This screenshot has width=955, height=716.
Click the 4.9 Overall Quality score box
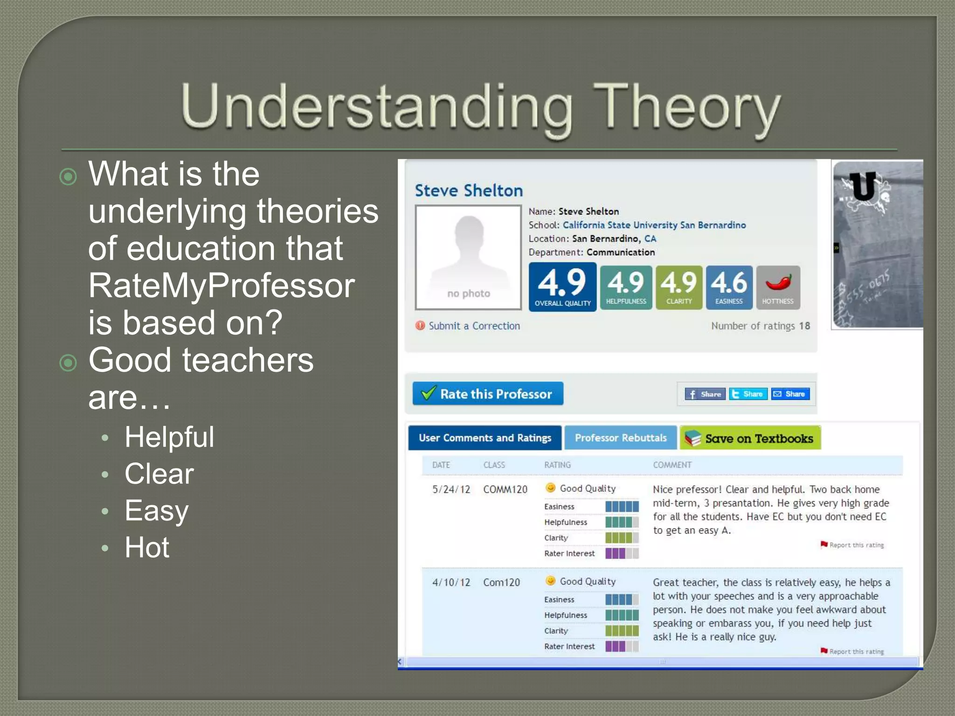pyautogui.click(x=562, y=287)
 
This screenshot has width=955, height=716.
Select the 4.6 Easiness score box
pyautogui.click(x=729, y=287)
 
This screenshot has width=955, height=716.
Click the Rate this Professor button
pyautogui.click(x=488, y=394)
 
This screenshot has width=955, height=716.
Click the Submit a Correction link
pyautogui.click(x=474, y=326)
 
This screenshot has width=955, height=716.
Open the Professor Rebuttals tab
pyautogui.click(x=620, y=438)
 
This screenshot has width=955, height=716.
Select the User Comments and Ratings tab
pyautogui.click(x=484, y=438)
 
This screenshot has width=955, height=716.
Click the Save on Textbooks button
pyautogui.click(x=750, y=438)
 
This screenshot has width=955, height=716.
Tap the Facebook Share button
pyautogui.click(x=705, y=394)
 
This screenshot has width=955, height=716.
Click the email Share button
pyautogui.click(x=790, y=394)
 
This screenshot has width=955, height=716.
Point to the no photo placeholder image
pyautogui.click(x=468, y=257)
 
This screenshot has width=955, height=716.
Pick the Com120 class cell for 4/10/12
pyautogui.click(x=501, y=582)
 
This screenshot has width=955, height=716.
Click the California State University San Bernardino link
pyautogui.click(x=654, y=225)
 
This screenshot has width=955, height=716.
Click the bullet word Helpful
pyautogui.click(x=169, y=437)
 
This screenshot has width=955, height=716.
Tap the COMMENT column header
pyautogui.click(x=672, y=465)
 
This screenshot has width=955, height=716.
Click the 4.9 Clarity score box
pyautogui.click(x=678, y=287)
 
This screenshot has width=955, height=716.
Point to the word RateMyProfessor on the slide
pyautogui.click(x=221, y=285)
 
